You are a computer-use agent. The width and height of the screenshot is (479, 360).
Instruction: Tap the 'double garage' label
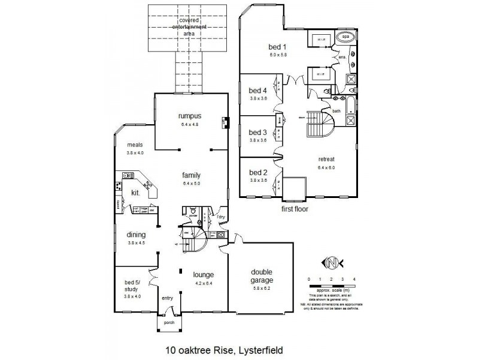coord(262,275)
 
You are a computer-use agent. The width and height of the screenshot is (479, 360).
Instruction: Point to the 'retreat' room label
coord(326,159)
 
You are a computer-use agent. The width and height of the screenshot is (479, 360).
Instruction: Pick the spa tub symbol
coord(345,37)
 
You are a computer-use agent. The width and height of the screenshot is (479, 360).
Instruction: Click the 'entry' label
coord(167,298)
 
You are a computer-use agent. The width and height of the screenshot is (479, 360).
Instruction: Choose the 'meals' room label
coord(134,145)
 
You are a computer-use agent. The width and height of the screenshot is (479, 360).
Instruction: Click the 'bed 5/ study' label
coord(131,285)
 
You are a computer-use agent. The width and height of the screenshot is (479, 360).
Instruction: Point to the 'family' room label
coord(191,175)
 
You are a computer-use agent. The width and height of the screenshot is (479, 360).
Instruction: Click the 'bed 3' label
coord(257,132)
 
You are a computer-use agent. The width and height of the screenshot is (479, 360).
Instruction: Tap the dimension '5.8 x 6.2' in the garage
coord(262,289)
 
